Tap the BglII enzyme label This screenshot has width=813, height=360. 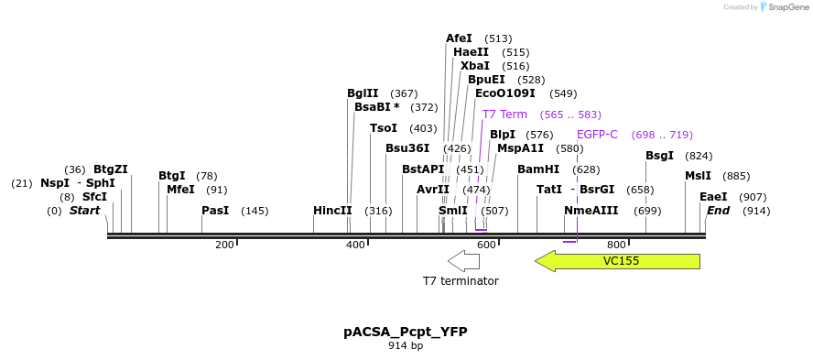coord(363,93)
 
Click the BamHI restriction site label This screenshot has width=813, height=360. coord(537,169)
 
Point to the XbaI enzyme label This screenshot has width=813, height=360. coord(474,66)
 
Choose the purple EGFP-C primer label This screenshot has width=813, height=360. coord(597,135)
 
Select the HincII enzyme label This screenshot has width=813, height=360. coord(332,211)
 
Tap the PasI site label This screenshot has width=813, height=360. coord(215,211)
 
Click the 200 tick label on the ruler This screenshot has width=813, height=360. coord(224,245)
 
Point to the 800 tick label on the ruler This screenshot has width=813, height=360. coord(616,245)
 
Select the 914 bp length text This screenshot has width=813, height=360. coord(406,346)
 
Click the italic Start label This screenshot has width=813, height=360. coord(84,211)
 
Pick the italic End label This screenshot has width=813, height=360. coord(718,211)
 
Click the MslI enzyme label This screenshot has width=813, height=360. coord(698,176)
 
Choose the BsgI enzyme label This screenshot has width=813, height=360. coord(659,156)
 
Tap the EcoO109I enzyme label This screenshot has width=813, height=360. coord(504,93)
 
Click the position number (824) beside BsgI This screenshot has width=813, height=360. coord(699,156)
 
